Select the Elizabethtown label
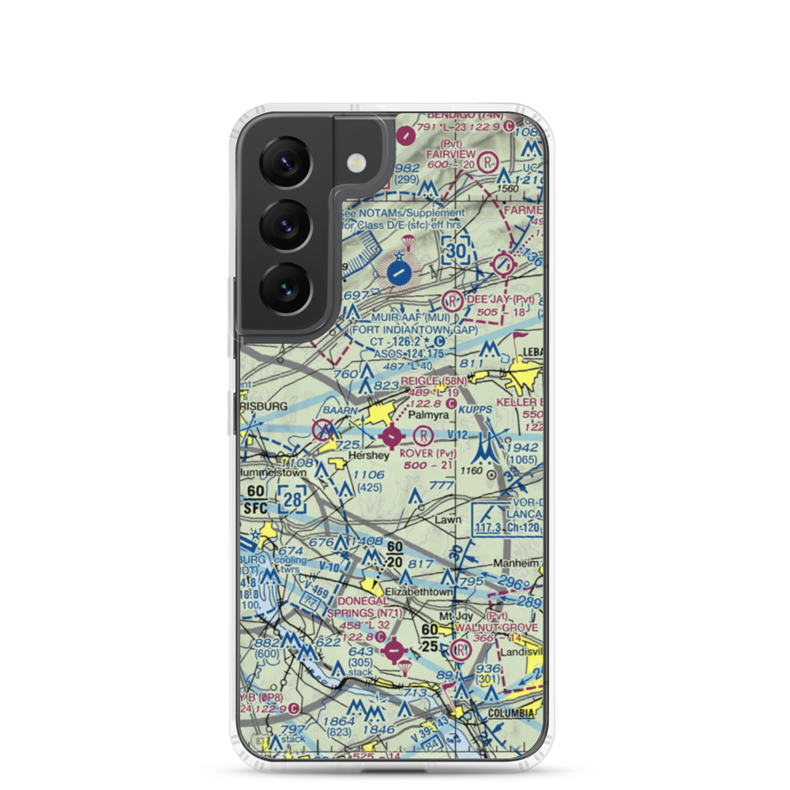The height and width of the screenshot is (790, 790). click(421, 591)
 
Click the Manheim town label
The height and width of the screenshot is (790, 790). click(518, 564)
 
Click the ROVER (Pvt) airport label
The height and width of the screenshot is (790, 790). click(428, 454)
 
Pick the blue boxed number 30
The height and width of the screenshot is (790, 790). click(456, 250)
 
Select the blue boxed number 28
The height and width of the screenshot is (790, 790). click(292, 499)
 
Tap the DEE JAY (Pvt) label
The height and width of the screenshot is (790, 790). click(501, 300)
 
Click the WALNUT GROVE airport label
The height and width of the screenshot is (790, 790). click(506, 627)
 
